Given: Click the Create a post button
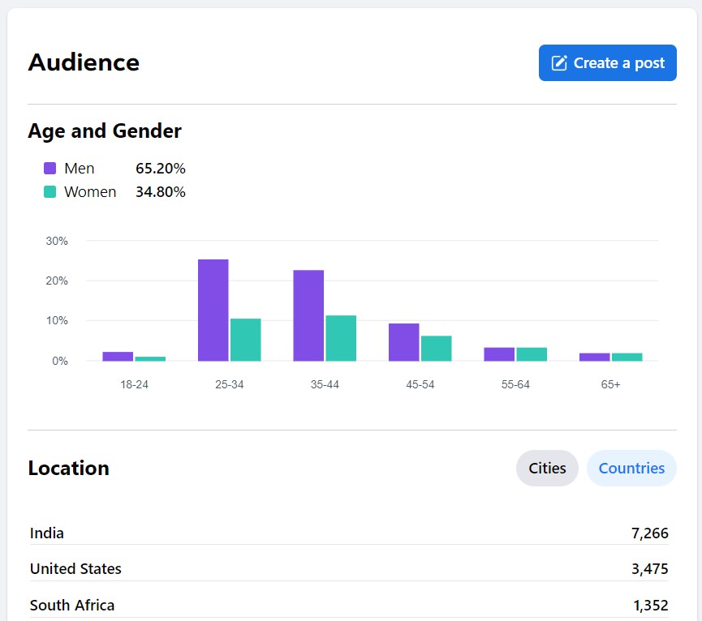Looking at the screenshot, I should [x=607, y=63].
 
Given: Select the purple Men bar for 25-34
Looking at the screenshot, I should [x=213, y=310].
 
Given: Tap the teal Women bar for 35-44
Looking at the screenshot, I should [x=341, y=338].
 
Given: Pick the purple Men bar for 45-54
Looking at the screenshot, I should [x=403, y=342].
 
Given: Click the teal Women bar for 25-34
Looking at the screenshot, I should [x=245, y=340].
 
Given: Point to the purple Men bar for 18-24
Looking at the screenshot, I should [x=118, y=356].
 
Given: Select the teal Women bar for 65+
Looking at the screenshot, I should [x=627, y=357].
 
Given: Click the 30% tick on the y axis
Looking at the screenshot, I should [x=57, y=241].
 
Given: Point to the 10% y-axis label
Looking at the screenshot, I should [x=57, y=321].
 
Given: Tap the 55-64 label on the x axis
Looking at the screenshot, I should [x=515, y=384].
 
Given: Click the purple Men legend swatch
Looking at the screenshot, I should [x=50, y=169].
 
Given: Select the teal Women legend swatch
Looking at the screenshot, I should [x=50, y=192].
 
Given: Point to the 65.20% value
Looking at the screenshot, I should [x=161, y=169].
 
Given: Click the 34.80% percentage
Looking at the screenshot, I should [x=161, y=192].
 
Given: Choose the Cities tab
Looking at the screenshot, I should [x=547, y=468].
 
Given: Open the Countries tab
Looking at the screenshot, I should [x=631, y=468].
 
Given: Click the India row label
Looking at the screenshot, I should [x=47, y=533].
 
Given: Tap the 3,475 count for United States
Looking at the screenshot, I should [x=649, y=569].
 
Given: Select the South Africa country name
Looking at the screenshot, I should [x=72, y=605].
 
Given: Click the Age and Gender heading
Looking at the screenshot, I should [x=105, y=131].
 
